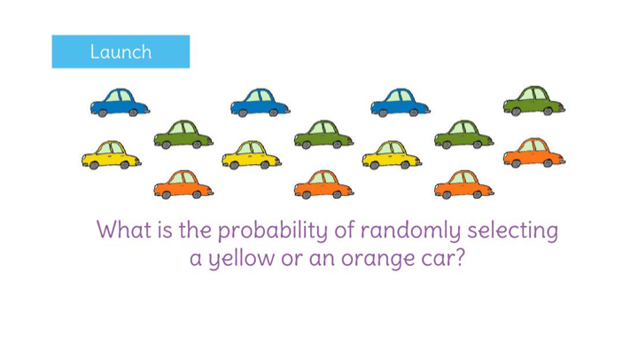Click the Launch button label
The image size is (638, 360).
[x=121, y=51]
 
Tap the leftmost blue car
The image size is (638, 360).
[x=120, y=103]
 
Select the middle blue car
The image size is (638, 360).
[x=260, y=103]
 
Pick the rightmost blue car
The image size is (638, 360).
[x=400, y=103]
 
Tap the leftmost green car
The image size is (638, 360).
[x=183, y=134]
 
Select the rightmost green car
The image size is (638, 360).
[x=533, y=101]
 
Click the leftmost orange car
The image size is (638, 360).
[x=183, y=184]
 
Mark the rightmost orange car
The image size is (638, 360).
[x=533, y=153]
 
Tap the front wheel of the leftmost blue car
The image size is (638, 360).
[x=102, y=113]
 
